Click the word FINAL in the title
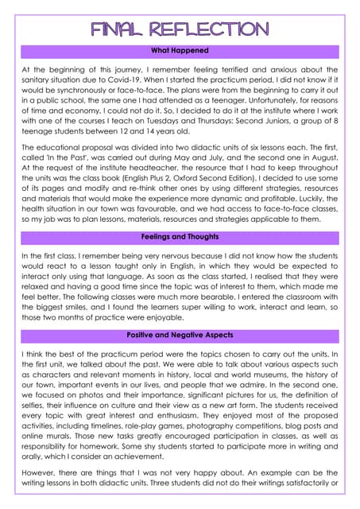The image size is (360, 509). click(x=120, y=29)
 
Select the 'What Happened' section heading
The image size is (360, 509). click(x=180, y=51)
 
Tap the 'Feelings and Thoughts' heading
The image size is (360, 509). click(x=180, y=237)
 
